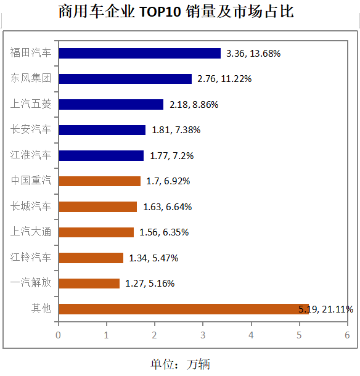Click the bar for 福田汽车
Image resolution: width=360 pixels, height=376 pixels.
click(139, 54)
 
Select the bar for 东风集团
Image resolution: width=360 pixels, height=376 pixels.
click(125, 79)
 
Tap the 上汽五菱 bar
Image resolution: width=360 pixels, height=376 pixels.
click(111, 105)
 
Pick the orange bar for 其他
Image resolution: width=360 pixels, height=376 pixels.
click(183, 309)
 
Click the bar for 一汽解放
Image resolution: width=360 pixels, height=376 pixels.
click(89, 284)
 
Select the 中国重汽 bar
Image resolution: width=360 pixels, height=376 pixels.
click(99, 181)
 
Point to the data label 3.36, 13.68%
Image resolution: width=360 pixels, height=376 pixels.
click(253, 54)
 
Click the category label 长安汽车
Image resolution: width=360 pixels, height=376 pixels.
click(31, 129)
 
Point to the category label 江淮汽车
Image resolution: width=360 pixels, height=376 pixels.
click(31, 155)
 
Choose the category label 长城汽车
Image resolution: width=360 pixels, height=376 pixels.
click(31, 206)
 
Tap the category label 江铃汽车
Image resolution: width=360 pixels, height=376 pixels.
click(31, 258)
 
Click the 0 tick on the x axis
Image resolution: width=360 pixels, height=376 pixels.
click(58, 335)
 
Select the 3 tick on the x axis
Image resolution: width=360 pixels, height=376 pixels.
click(203, 335)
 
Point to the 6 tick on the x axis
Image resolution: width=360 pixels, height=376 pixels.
click(347, 335)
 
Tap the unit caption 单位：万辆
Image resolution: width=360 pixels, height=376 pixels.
click(180, 364)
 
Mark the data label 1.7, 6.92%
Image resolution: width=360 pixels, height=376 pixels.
click(168, 181)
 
